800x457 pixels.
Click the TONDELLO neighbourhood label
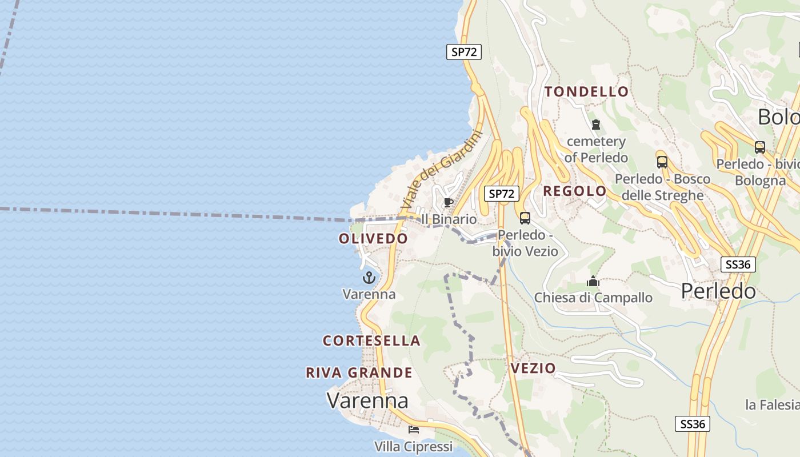[x=586, y=91]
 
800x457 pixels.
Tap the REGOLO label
[x=574, y=191]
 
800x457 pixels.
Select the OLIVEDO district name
[x=373, y=238]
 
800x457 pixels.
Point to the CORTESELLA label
[x=371, y=340]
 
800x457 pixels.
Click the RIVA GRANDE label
[x=359, y=372]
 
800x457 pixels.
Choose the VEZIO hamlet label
[x=533, y=368]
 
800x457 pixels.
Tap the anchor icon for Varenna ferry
[x=369, y=278]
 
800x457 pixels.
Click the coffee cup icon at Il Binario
[x=449, y=203]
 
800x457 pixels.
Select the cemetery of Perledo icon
[x=596, y=124]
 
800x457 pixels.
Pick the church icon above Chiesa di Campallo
[x=593, y=281]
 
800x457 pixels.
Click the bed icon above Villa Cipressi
[x=414, y=430]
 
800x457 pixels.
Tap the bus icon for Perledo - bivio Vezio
[x=525, y=218]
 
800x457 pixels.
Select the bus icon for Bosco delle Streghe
[x=662, y=162]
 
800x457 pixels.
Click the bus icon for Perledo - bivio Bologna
[x=760, y=147]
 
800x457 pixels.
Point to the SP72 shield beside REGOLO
[x=502, y=194]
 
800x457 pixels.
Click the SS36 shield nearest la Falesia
[x=693, y=424]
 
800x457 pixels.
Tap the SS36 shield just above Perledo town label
[x=738, y=264]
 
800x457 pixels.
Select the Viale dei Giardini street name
[x=441, y=170]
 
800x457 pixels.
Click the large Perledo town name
[x=718, y=291]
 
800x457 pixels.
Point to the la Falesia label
[x=772, y=405]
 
